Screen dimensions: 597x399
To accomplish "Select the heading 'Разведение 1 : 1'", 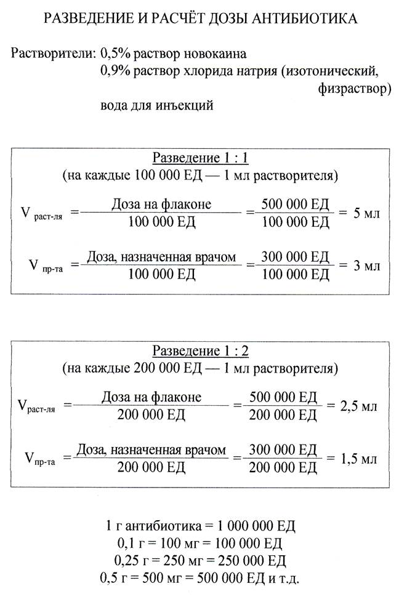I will (x=200, y=157).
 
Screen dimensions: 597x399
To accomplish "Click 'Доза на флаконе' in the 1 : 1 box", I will (x=161, y=205).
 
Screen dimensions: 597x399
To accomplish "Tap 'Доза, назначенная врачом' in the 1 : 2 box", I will (x=151, y=450).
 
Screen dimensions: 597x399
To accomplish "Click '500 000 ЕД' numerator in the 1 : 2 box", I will (x=283, y=398).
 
